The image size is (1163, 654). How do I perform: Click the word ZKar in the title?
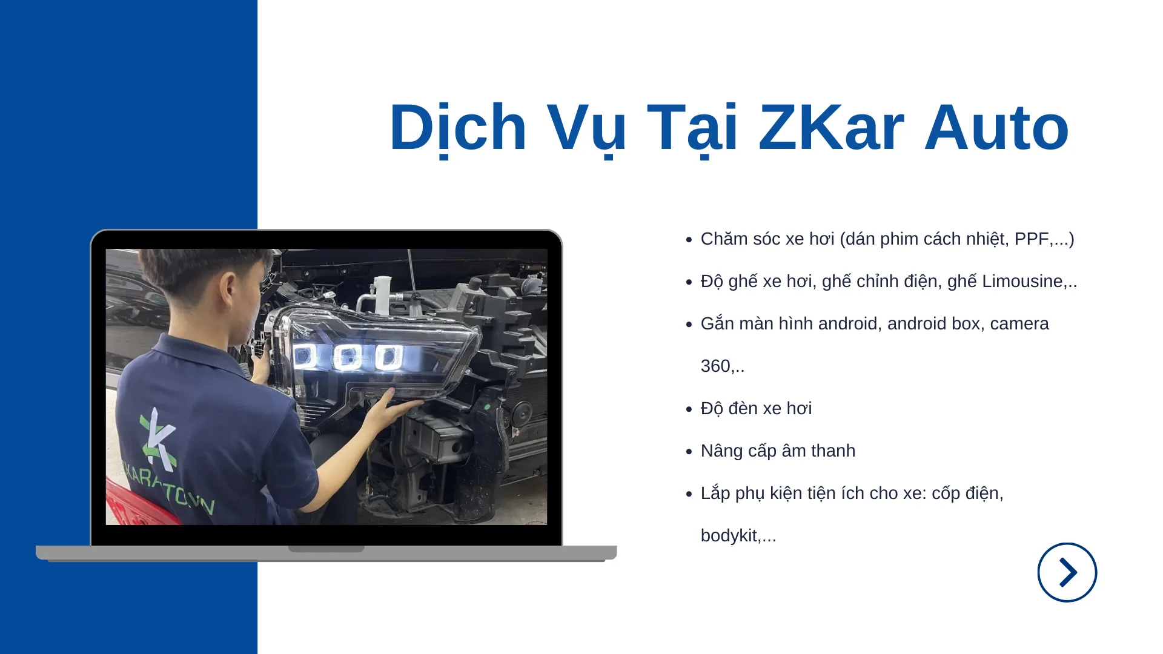point(831,127)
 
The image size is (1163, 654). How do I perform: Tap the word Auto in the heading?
point(996,127)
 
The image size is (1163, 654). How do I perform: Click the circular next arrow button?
point(1067,572)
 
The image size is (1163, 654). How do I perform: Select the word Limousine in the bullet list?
point(1022,281)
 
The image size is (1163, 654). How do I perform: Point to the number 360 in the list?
point(715,366)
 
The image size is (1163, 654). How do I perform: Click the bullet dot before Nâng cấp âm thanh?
point(689,452)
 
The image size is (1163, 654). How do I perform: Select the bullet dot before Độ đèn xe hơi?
point(689,409)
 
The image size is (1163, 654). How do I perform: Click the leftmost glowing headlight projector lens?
point(305,356)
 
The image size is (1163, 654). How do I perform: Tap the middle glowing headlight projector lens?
point(347,357)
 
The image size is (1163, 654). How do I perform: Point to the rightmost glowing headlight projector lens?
point(388,357)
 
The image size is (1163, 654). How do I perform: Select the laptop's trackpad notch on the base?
point(326,549)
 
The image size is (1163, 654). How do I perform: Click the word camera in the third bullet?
point(1019,323)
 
